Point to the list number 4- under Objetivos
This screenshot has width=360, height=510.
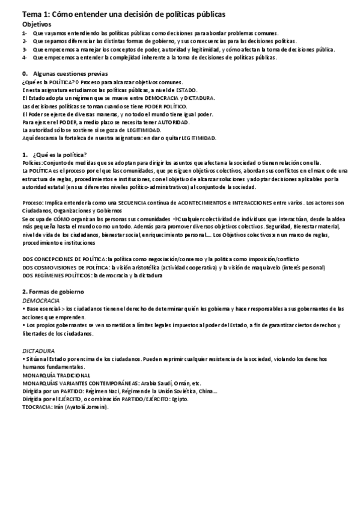click(x=24, y=58)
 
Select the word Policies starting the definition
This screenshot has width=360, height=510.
click(x=31, y=163)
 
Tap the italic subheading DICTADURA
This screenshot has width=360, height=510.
click(x=38, y=350)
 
